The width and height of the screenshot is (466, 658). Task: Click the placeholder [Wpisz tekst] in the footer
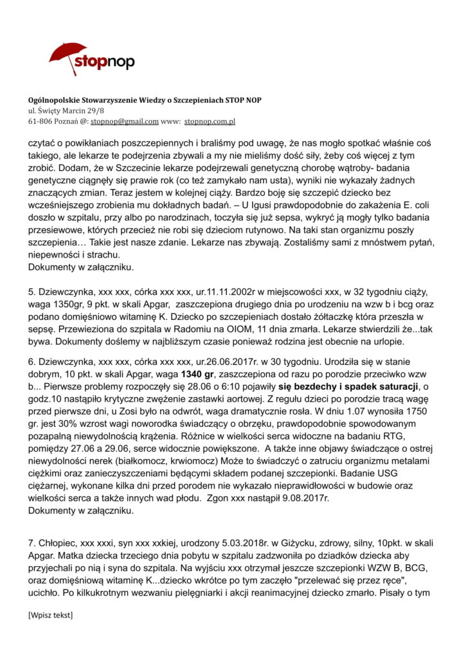coord(51,616)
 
